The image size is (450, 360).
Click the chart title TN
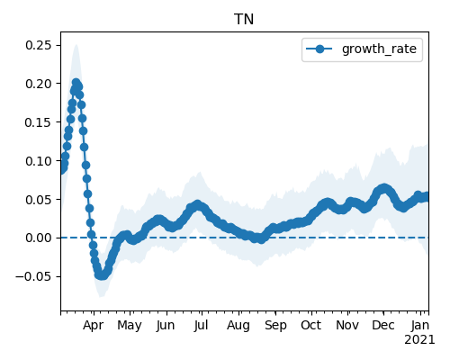(244, 20)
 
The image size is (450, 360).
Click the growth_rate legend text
(379, 49)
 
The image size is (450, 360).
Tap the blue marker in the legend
(319, 49)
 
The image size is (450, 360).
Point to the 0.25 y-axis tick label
(39, 45)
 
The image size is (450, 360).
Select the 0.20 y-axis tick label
(39, 84)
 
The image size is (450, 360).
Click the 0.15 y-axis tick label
(39, 122)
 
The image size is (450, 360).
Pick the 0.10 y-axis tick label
(39, 161)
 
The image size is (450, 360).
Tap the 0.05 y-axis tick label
(39, 200)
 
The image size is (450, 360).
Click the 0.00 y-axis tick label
(39, 238)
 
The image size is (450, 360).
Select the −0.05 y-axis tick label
(33, 276)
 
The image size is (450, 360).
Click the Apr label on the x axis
(94, 326)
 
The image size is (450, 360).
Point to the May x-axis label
(130, 326)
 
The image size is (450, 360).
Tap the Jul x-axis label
(201, 325)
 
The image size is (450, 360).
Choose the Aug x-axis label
(238, 326)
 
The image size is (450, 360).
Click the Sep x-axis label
(275, 326)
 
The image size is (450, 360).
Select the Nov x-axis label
(347, 325)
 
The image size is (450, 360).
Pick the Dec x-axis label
(383, 325)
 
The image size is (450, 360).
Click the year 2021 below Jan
(419, 340)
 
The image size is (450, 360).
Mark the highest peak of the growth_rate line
(76, 82)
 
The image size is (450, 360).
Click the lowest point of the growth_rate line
(102, 275)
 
